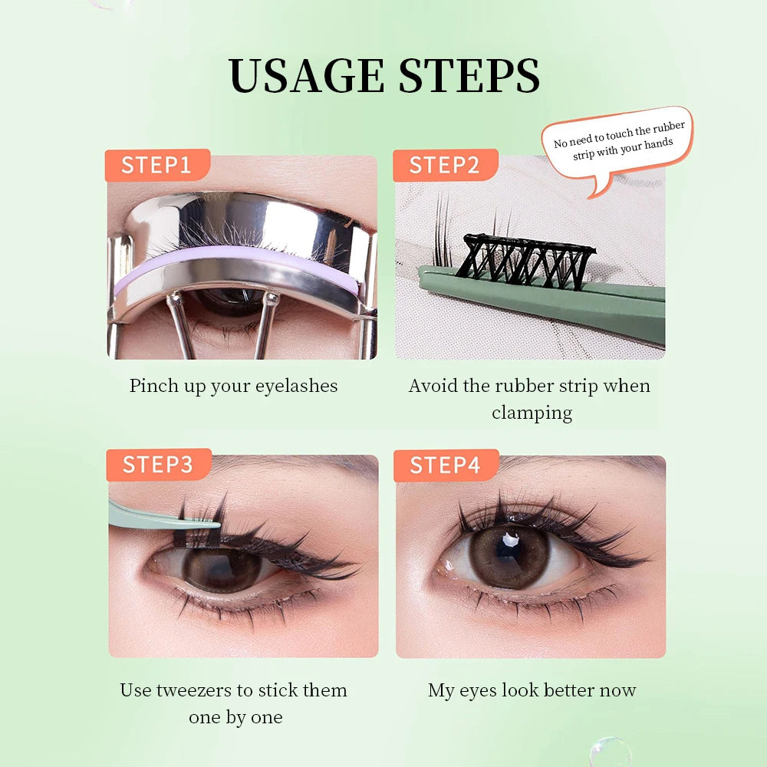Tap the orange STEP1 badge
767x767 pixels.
point(156,165)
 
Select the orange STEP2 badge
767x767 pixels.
point(445,165)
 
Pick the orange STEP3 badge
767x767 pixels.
point(157,464)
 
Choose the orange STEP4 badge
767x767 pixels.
point(446,465)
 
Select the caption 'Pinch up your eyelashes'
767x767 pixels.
point(233,385)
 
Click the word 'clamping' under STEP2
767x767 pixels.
point(532,413)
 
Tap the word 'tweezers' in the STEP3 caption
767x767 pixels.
point(195,690)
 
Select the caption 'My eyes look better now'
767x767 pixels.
point(532,690)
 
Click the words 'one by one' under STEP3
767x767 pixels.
point(235,717)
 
